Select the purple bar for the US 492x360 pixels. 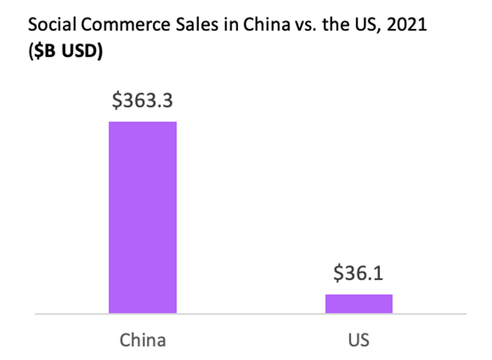pos(359,303)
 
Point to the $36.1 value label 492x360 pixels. pos(359,273)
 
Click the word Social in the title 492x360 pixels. pos(50,26)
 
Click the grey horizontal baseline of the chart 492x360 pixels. pos(250,314)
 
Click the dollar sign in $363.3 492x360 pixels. pos(116,101)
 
